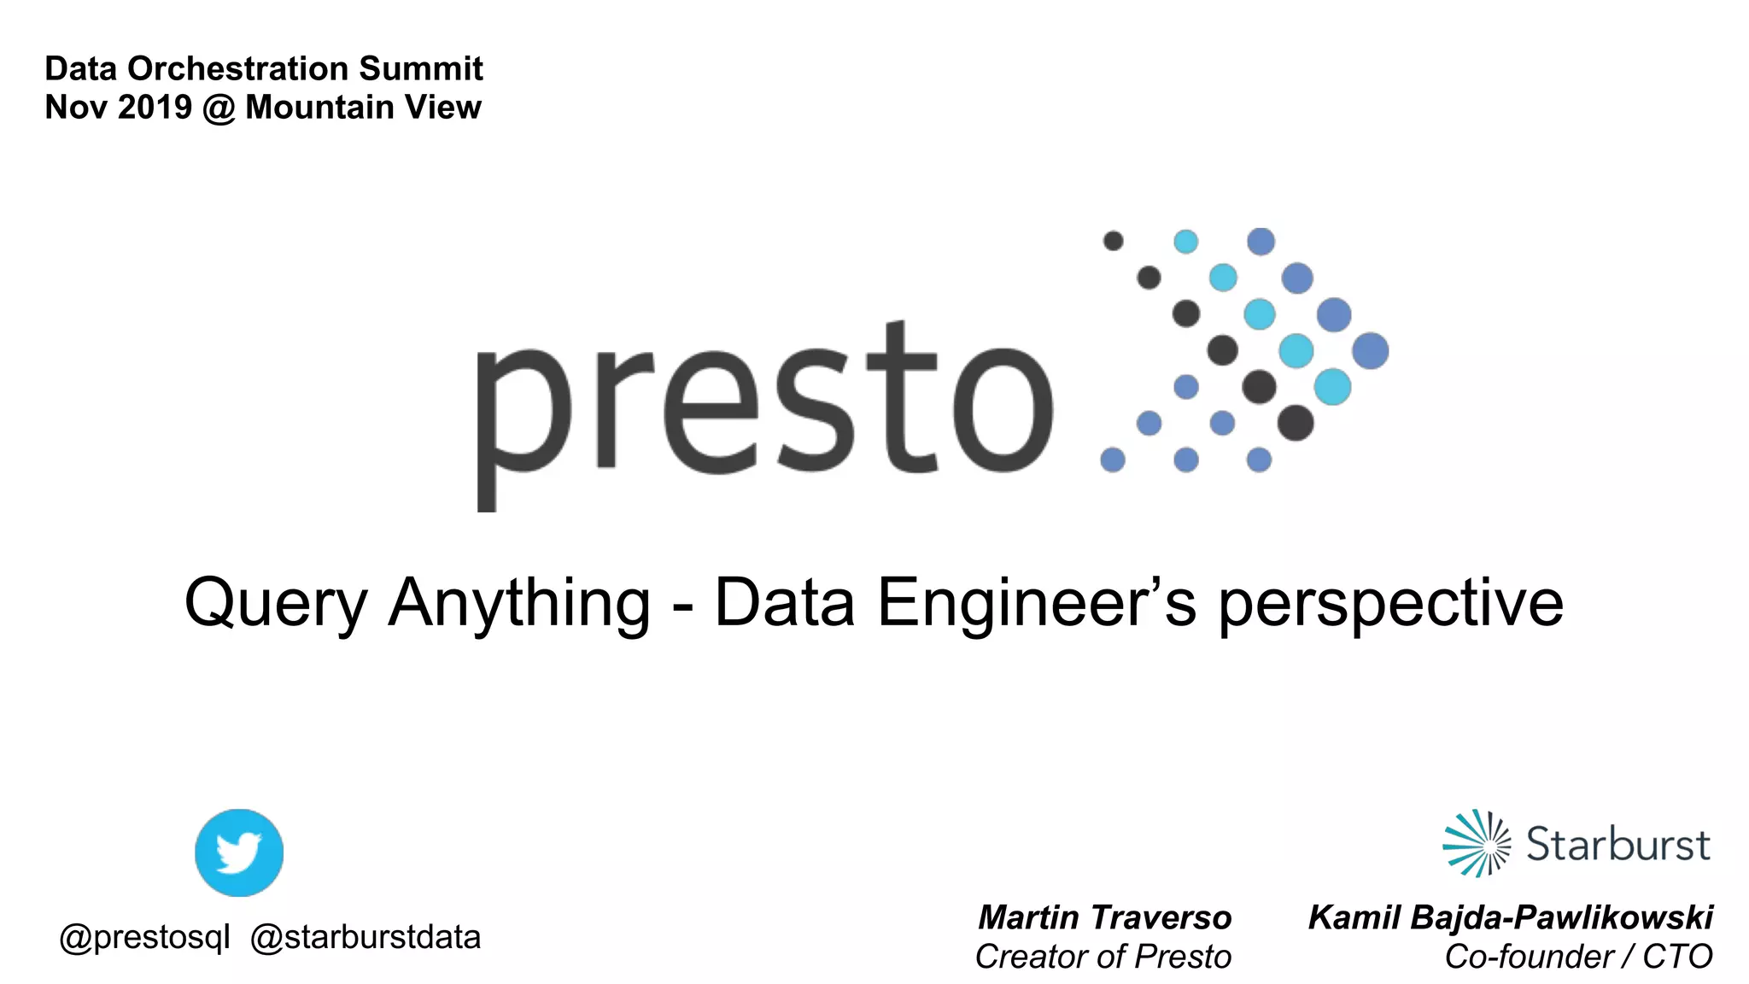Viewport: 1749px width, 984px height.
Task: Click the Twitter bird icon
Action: (239, 852)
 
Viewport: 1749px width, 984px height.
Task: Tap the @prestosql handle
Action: (144, 938)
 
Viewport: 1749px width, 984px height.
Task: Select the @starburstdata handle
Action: (366, 938)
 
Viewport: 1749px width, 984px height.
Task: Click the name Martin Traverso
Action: (1104, 917)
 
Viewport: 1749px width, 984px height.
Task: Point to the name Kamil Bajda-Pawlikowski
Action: (1510, 917)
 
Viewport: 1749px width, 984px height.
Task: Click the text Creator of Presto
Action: (1103, 957)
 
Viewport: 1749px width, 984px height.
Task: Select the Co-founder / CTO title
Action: (1578, 957)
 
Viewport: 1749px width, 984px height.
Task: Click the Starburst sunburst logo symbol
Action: (1477, 843)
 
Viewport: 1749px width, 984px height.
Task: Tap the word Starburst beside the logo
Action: (1617, 845)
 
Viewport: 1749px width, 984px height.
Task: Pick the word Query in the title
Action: (276, 603)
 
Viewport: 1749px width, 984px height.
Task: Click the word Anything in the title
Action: (519, 603)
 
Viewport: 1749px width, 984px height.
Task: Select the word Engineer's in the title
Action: (1037, 603)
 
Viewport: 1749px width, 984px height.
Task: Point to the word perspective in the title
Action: (1390, 603)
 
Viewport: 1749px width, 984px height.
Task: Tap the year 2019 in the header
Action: (155, 108)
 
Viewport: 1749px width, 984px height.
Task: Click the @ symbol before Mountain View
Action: (219, 108)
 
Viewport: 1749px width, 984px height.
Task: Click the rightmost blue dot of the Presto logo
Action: (1371, 350)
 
